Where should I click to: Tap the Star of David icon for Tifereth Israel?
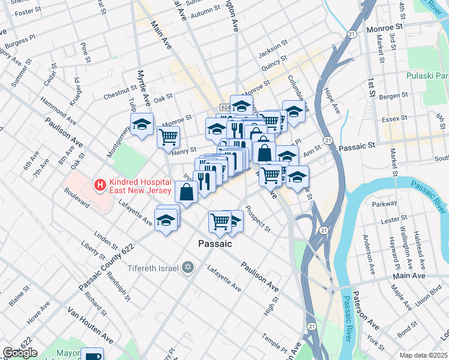(x=188, y=267)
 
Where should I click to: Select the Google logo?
(x=20, y=353)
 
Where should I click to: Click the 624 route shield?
(x=225, y=107)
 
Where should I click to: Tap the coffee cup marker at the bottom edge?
(x=92, y=356)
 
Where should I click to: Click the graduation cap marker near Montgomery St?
(x=142, y=124)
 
